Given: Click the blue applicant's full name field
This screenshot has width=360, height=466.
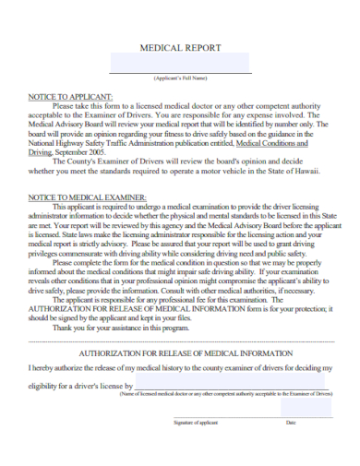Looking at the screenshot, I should pos(180,63).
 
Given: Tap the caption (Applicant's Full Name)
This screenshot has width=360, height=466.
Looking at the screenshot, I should pos(180,78).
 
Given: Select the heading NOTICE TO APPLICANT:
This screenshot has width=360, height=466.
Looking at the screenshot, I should pos(71,96).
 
